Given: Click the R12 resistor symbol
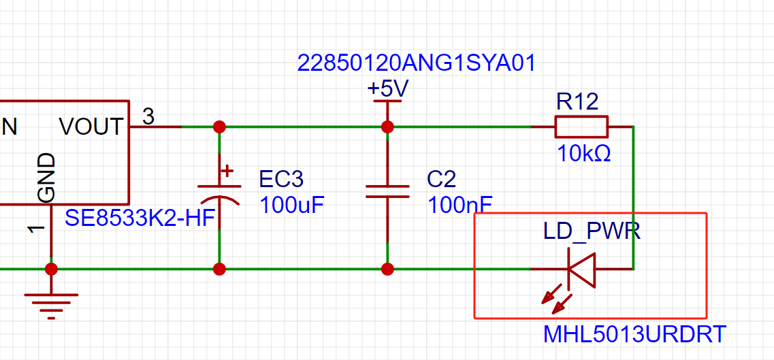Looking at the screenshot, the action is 581,127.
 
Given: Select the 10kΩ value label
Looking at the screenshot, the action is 584,154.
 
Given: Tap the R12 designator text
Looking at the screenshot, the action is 577,102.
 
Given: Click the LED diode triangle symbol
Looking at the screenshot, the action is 581,269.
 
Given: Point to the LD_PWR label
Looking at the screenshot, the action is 592,231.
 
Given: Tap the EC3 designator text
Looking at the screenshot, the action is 281,180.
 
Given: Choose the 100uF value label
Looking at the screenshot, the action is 292,205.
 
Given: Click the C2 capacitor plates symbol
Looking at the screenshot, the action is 387,191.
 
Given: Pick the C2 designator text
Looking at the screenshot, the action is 442,180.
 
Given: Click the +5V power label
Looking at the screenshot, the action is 388,89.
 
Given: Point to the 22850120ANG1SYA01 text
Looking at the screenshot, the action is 416,63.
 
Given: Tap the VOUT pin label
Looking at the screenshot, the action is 91,127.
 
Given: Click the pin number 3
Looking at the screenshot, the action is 148,116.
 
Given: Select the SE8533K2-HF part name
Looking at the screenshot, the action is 142,218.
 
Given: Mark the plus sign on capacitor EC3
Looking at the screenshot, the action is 227,171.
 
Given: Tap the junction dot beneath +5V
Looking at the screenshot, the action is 387,127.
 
